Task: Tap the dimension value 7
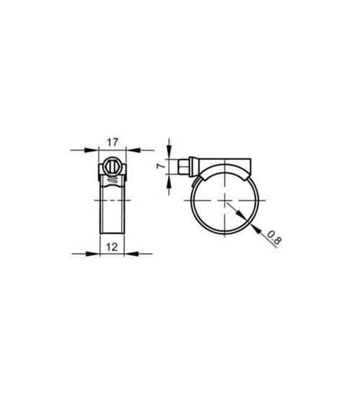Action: (161, 166)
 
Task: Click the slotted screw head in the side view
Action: (112, 166)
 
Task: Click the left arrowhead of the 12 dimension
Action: (95, 254)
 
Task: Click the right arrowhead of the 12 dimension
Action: (128, 254)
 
